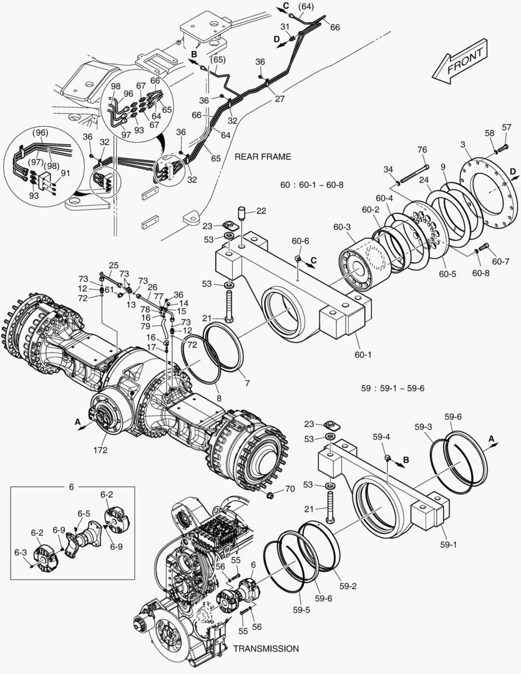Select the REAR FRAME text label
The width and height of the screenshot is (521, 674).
tap(263, 157)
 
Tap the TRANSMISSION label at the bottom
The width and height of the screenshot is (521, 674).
tap(266, 648)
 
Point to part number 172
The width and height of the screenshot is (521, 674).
tap(100, 449)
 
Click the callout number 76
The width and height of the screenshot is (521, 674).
tap(422, 149)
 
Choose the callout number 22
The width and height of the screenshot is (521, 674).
tap(260, 211)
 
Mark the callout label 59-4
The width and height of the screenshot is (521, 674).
tap(382, 437)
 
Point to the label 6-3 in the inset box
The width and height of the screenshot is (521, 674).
tap(20, 552)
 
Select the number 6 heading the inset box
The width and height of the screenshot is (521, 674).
tap(71, 486)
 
